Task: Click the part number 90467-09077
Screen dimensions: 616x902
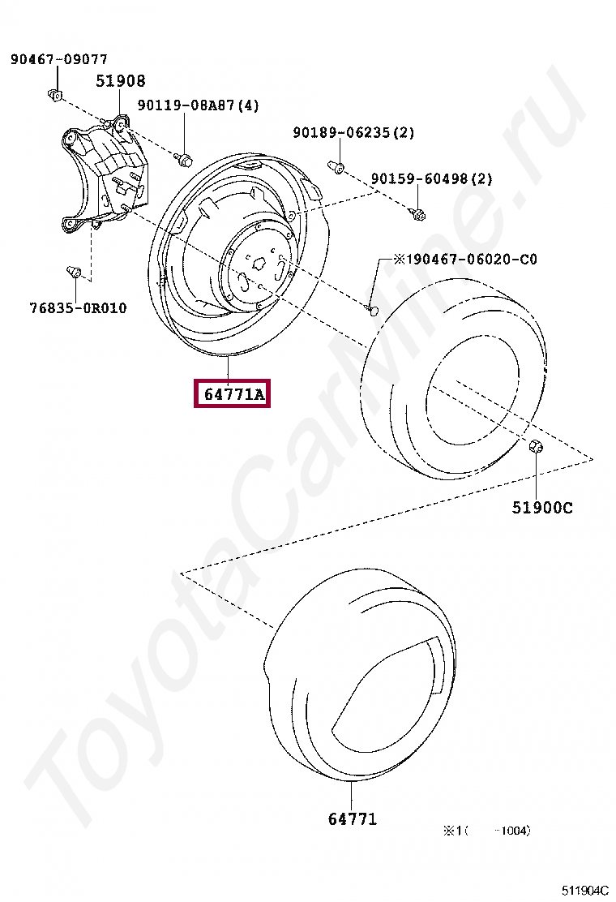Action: (58, 59)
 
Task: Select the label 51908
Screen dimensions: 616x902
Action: (121, 80)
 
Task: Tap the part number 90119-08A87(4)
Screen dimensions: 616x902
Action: (199, 105)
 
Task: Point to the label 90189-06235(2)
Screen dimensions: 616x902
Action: (353, 132)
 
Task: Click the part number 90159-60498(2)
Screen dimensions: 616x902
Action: (431, 179)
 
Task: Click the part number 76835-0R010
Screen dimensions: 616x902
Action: (78, 308)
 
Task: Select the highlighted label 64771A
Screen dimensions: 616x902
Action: (232, 394)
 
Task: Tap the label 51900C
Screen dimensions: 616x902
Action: (542, 508)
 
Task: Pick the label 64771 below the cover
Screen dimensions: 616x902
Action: (353, 818)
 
